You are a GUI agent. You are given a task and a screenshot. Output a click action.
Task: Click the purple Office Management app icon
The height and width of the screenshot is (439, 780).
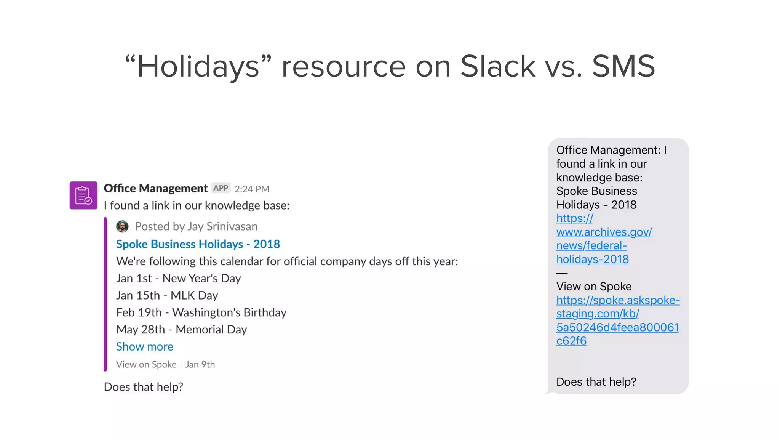(83, 195)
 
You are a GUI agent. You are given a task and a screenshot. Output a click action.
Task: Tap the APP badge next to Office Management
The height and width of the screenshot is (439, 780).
(221, 188)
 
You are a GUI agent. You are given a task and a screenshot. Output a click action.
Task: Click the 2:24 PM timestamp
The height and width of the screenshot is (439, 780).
(252, 189)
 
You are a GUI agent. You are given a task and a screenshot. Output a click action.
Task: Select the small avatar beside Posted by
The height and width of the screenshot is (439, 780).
(122, 226)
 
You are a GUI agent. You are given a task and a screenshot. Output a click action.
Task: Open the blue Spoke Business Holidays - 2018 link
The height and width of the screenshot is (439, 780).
(198, 244)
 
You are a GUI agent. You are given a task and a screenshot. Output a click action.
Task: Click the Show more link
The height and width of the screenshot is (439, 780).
(144, 346)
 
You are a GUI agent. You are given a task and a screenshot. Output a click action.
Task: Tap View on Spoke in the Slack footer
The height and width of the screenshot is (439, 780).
(146, 364)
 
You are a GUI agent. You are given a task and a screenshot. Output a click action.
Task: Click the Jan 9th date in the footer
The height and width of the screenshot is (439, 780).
(200, 364)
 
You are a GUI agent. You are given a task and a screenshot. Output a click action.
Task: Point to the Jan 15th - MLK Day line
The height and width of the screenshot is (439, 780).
(167, 295)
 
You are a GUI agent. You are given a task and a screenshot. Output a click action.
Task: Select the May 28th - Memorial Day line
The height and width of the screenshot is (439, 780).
(181, 329)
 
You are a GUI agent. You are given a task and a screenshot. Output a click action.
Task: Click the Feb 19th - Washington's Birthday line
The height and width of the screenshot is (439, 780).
(201, 312)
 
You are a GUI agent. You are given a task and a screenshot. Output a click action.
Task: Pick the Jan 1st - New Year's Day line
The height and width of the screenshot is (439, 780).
(178, 278)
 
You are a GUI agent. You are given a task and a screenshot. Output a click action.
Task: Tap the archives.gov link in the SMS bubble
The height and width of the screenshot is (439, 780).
(603, 239)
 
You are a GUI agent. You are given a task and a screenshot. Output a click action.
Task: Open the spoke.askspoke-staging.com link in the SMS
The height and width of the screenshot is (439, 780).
(617, 320)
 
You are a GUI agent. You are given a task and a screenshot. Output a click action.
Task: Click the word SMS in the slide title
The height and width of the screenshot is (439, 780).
(623, 66)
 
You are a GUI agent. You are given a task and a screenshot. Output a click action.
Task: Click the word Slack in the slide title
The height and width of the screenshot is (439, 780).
(498, 66)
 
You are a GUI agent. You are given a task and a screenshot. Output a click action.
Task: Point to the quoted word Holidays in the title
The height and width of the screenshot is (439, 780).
(198, 66)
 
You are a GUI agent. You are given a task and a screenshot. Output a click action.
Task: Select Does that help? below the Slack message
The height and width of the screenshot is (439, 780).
(144, 387)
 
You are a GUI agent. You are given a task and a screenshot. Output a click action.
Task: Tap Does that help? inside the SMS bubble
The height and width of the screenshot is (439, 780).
(596, 382)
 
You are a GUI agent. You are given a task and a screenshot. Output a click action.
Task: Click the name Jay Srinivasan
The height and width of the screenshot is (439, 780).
(222, 226)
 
